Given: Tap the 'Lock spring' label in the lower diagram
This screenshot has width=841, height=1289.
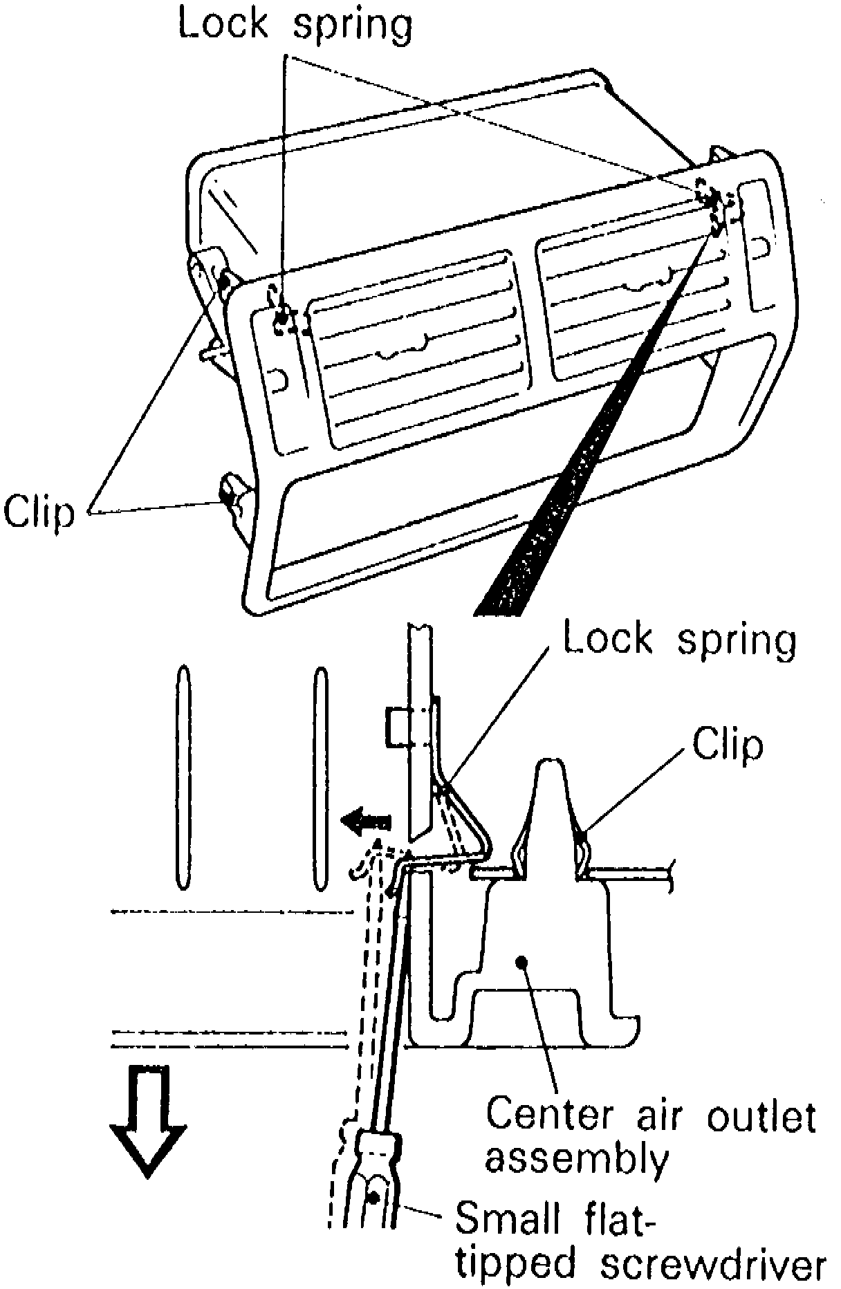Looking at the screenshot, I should point(680,640).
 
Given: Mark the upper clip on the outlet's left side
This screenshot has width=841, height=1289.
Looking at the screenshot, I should point(225,280).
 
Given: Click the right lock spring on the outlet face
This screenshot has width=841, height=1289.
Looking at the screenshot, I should point(709,196).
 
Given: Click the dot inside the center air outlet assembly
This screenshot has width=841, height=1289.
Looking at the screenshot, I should point(523,960).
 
